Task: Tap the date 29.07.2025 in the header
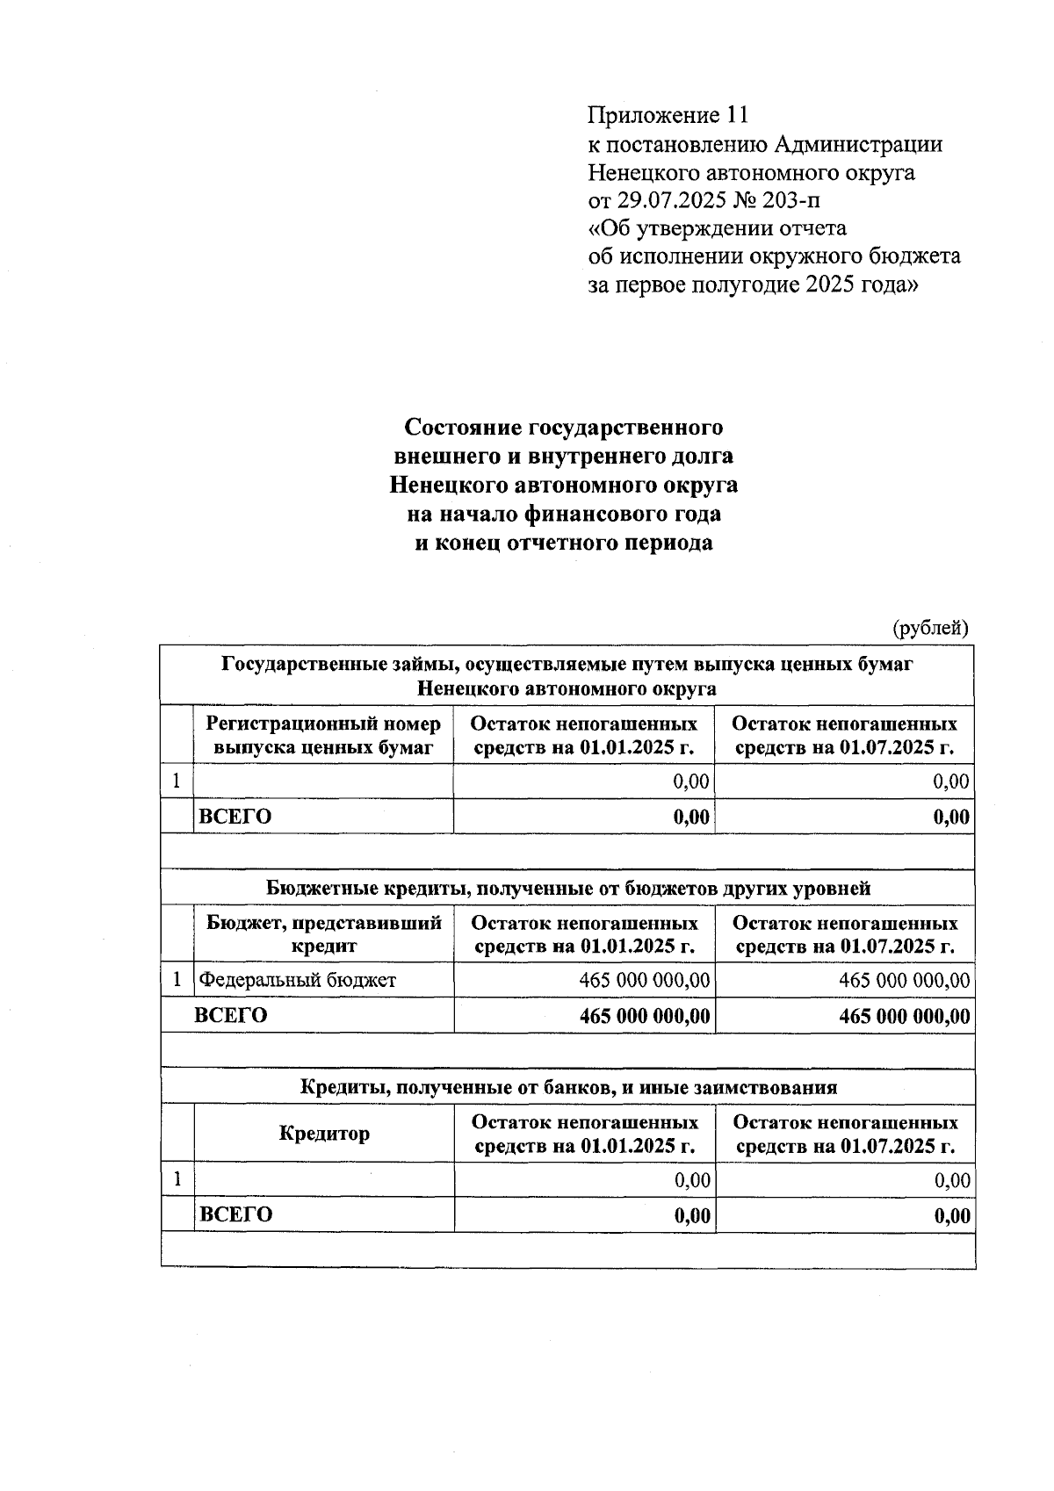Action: point(672,200)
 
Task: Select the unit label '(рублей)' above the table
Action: point(929,628)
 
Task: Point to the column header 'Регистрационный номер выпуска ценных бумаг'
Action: point(323,736)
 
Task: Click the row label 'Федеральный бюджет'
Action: point(298,980)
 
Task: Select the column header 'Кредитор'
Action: point(324,1134)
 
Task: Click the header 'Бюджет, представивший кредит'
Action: point(323,934)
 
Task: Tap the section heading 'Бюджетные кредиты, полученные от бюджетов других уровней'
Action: point(567,888)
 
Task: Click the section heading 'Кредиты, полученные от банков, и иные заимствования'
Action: point(567,1087)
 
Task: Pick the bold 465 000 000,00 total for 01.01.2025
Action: point(645,1016)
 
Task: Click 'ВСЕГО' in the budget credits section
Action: point(230,1015)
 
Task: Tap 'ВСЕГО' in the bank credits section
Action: point(235,1214)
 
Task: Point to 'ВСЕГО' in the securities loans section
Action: point(235,817)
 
